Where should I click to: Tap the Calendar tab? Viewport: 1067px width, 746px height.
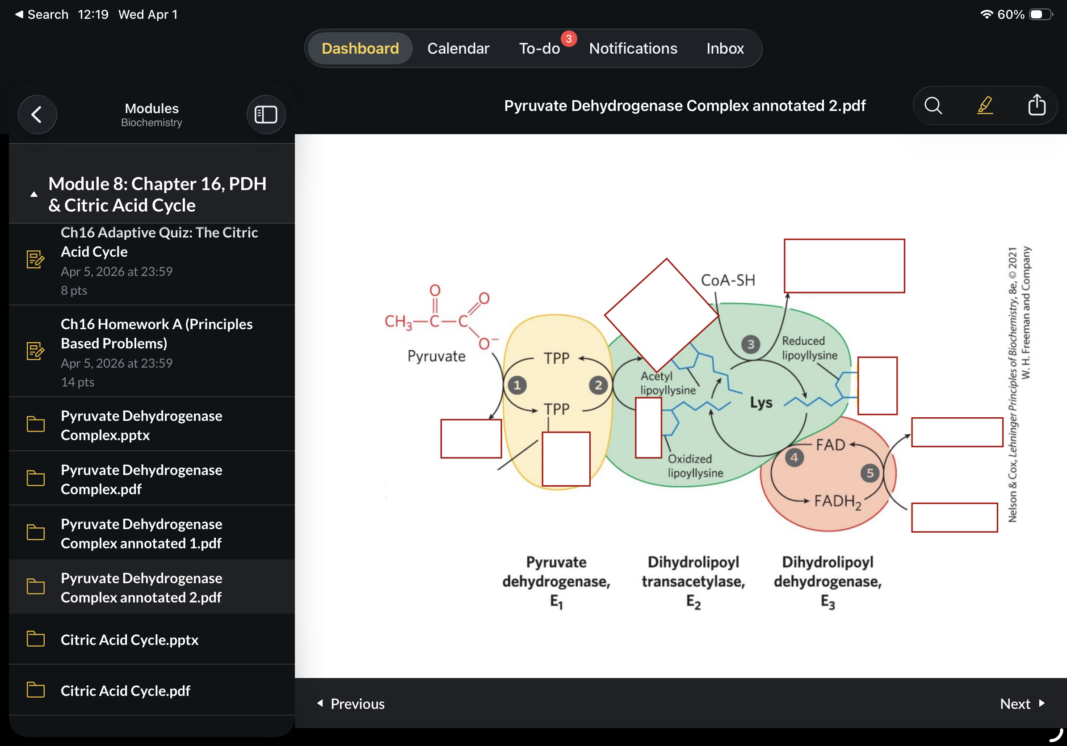click(x=458, y=48)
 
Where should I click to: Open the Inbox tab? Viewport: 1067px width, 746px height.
click(x=725, y=48)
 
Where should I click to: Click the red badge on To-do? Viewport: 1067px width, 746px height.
click(x=569, y=38)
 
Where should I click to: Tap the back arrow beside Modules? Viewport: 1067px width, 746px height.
click(x=37, y=114)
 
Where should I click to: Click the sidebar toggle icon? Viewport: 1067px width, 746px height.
click(x=266, y=114)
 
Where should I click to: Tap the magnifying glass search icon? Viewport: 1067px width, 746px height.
click(x=933, y=106)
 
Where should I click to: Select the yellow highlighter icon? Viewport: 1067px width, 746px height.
click(x=985, y=106)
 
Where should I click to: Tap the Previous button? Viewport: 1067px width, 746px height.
click(x=351, y=704)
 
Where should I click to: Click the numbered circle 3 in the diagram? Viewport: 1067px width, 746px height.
click(x=751, y=345)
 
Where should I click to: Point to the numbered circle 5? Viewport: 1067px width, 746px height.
click(x=870, y=473)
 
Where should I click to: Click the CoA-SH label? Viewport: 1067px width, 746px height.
click(x=728, y=280)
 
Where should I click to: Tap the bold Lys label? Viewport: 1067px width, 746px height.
click(x=761, y=403)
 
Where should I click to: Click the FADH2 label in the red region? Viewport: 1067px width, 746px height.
click(x=838, y=501)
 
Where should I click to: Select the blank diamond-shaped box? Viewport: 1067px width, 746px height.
click(x=662, y=315)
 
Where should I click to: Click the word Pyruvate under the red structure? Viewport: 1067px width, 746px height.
click(x=437, y=356)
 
